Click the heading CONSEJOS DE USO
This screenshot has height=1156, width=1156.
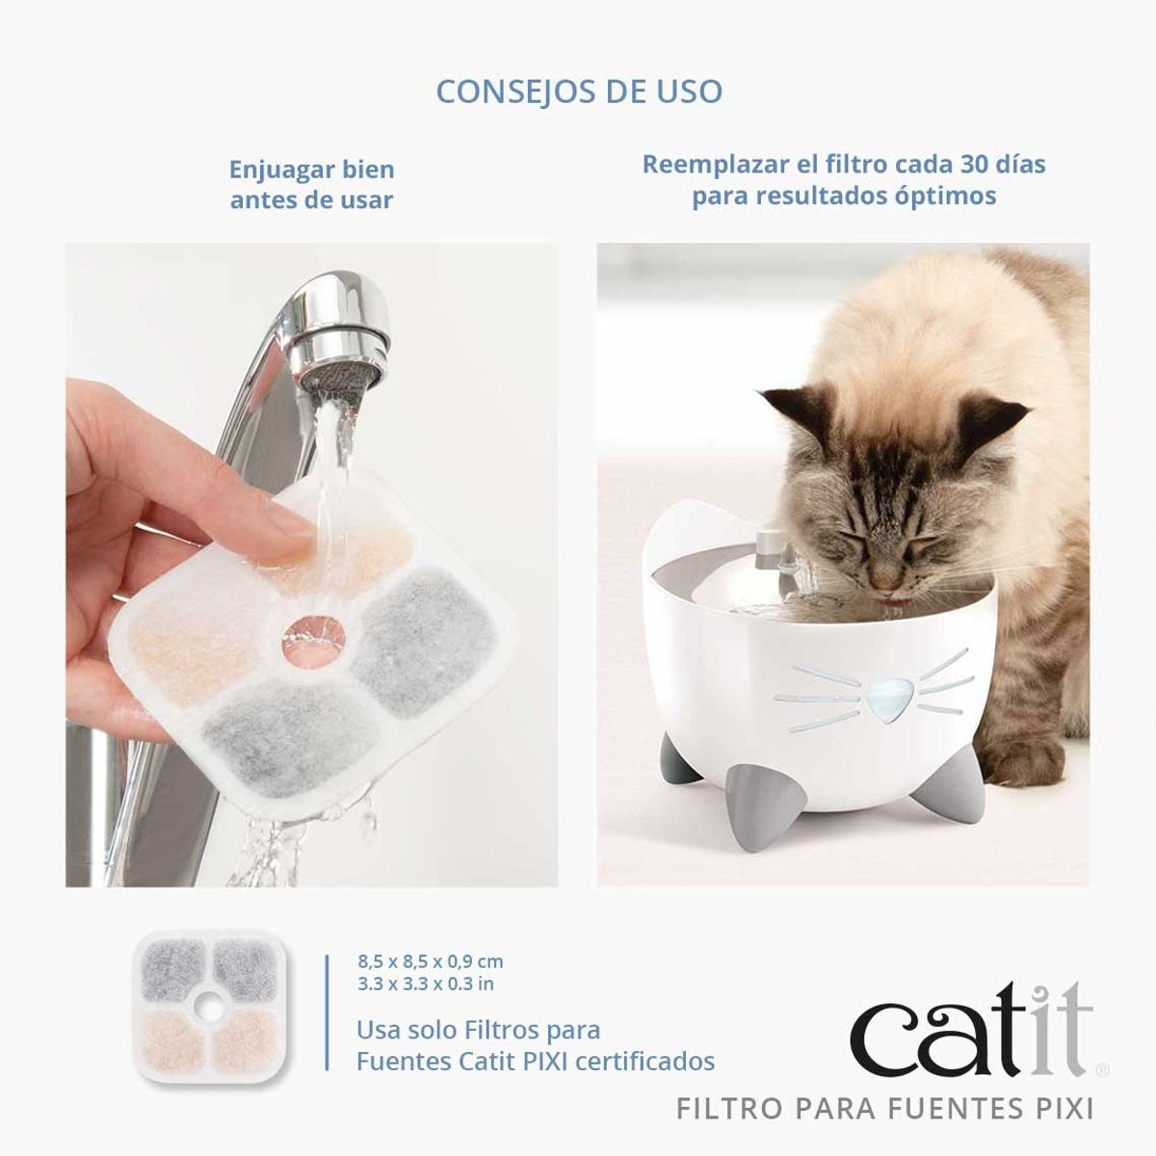coord(578,92)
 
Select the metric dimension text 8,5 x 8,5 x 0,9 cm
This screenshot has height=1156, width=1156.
coord(431,961)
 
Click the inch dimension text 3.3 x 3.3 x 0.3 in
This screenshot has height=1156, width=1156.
coord(426,984)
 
